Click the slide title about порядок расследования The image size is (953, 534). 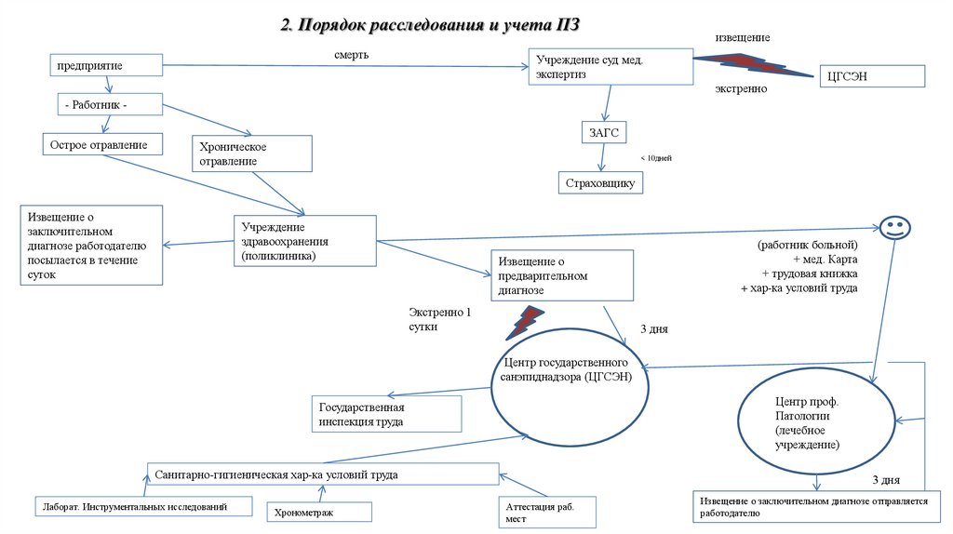coord(436,24)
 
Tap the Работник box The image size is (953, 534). coord(111,105)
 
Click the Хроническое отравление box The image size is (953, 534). coord(251,154)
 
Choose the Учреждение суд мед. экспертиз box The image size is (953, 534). coord(610,67)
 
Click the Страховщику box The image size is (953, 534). coord(600,183)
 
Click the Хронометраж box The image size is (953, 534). coord(319,512)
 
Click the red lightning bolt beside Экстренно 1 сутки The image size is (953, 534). coord(526,321)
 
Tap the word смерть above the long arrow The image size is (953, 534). coord(352,55)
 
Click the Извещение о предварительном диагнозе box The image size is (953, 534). coord(562,275)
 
